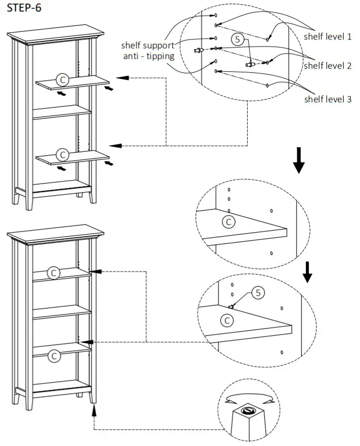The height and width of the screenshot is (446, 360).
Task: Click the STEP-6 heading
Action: [x=24, y=10]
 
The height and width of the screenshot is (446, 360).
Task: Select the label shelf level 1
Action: [x=327, y=36]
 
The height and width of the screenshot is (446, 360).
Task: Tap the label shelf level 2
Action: [x=327, y=66]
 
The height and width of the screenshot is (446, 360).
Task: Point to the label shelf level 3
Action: [x=327, y=99]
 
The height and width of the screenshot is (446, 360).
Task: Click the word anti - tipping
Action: [x=149, y=56]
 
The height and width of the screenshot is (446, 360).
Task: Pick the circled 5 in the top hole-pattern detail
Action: [x=239, y=38]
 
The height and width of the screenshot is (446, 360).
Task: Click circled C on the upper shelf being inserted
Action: [x=62, y=79]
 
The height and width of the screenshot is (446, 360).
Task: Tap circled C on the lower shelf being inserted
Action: [x=62, y=154]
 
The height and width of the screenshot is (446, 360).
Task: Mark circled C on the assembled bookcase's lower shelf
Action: [x=54, y=355]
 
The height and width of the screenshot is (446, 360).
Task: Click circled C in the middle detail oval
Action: [x=229, y=221]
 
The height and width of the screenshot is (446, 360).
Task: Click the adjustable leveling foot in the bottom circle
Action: [x=249, y=411]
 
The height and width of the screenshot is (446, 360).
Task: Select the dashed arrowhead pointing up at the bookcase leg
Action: [x=93, y=409]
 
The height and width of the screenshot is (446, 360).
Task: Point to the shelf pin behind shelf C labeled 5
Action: [x=231, y=306]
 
